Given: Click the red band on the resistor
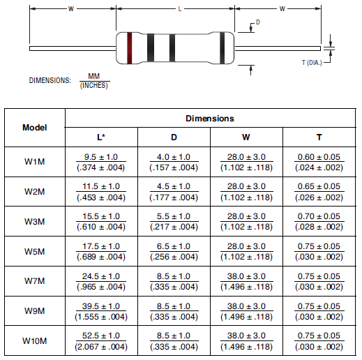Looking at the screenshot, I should click(x=129, y=47).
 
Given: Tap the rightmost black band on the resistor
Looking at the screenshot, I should click(x=222, y=47).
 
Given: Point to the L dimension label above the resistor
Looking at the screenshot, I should click(x=180, y=9).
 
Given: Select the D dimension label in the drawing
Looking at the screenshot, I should click(x=257, y=22).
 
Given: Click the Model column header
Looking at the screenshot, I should click(x=34, y=128).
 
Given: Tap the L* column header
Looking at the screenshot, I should click(x=101, y=137).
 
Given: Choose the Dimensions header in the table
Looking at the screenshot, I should click(x=209, y=119).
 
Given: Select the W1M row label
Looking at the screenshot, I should click(x=34, y=162).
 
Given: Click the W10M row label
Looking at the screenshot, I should click(x=34, y=341).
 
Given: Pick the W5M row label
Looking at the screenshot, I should click(x=34, y=252).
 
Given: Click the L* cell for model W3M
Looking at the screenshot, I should click(x=101, y=222).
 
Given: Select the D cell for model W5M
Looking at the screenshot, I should click(x=174, y=252).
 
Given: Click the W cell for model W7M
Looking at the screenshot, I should click(x=246, y=281).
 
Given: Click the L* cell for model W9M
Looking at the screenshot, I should click(x=101, y=311).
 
